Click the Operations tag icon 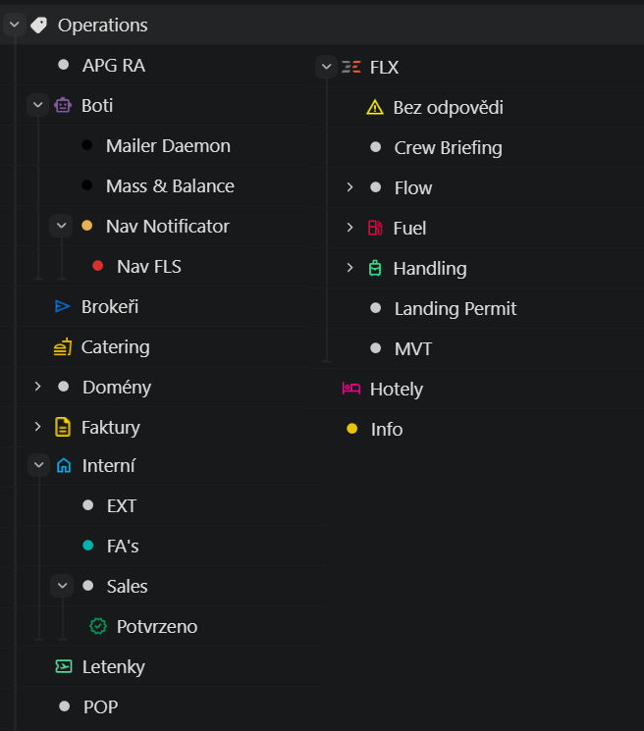tap(38, 26)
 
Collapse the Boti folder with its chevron tap(38, 105)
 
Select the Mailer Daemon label tap(168, 145)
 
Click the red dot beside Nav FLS tap(97, 266)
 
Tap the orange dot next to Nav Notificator tap(86, 226)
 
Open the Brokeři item tap(109, 306)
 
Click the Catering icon tap(63, 346)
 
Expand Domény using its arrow tap(38, 387)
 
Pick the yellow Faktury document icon tap(63, 427)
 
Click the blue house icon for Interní tap(64, 466)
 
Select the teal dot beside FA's tap(87, 546)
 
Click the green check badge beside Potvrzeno tap(97, 626)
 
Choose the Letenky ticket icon tap(63, 666)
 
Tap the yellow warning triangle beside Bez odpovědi tap(374, 107)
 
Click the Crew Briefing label tap(448, 147)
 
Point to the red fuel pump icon tap(375, 228)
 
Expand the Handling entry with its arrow tap(349, 268)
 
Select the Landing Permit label tap(455, 308)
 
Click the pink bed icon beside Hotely tap(350, 389)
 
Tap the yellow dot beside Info tap(351, 429)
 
